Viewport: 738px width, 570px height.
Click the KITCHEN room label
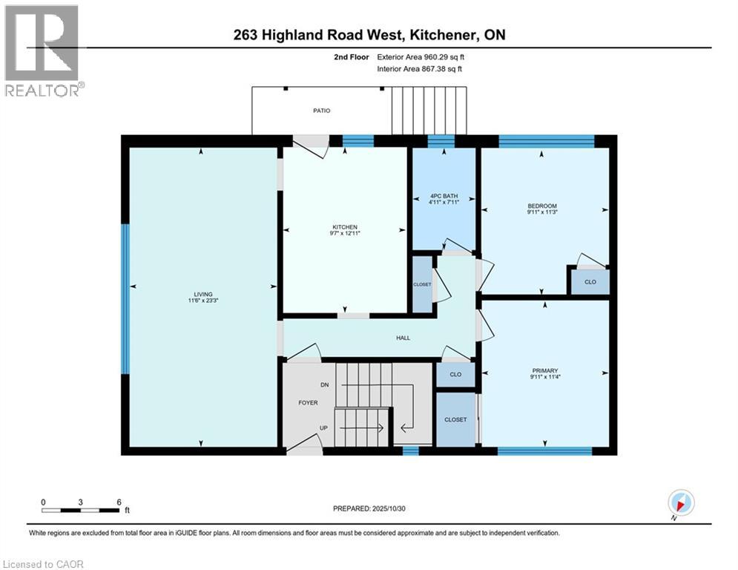coord(345,227)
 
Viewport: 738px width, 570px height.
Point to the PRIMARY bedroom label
coord(544,370)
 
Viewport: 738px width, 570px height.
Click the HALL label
coord(403,338)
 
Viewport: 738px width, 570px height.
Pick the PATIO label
coord(321,111)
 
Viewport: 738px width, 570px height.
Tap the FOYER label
coord(308,403)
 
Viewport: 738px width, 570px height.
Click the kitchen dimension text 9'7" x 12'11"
coord(345,235)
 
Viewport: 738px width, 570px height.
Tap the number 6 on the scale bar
coord(119,502)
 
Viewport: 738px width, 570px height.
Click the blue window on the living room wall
coord(125,298)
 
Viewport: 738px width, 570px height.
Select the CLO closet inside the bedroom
coord(590,282)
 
